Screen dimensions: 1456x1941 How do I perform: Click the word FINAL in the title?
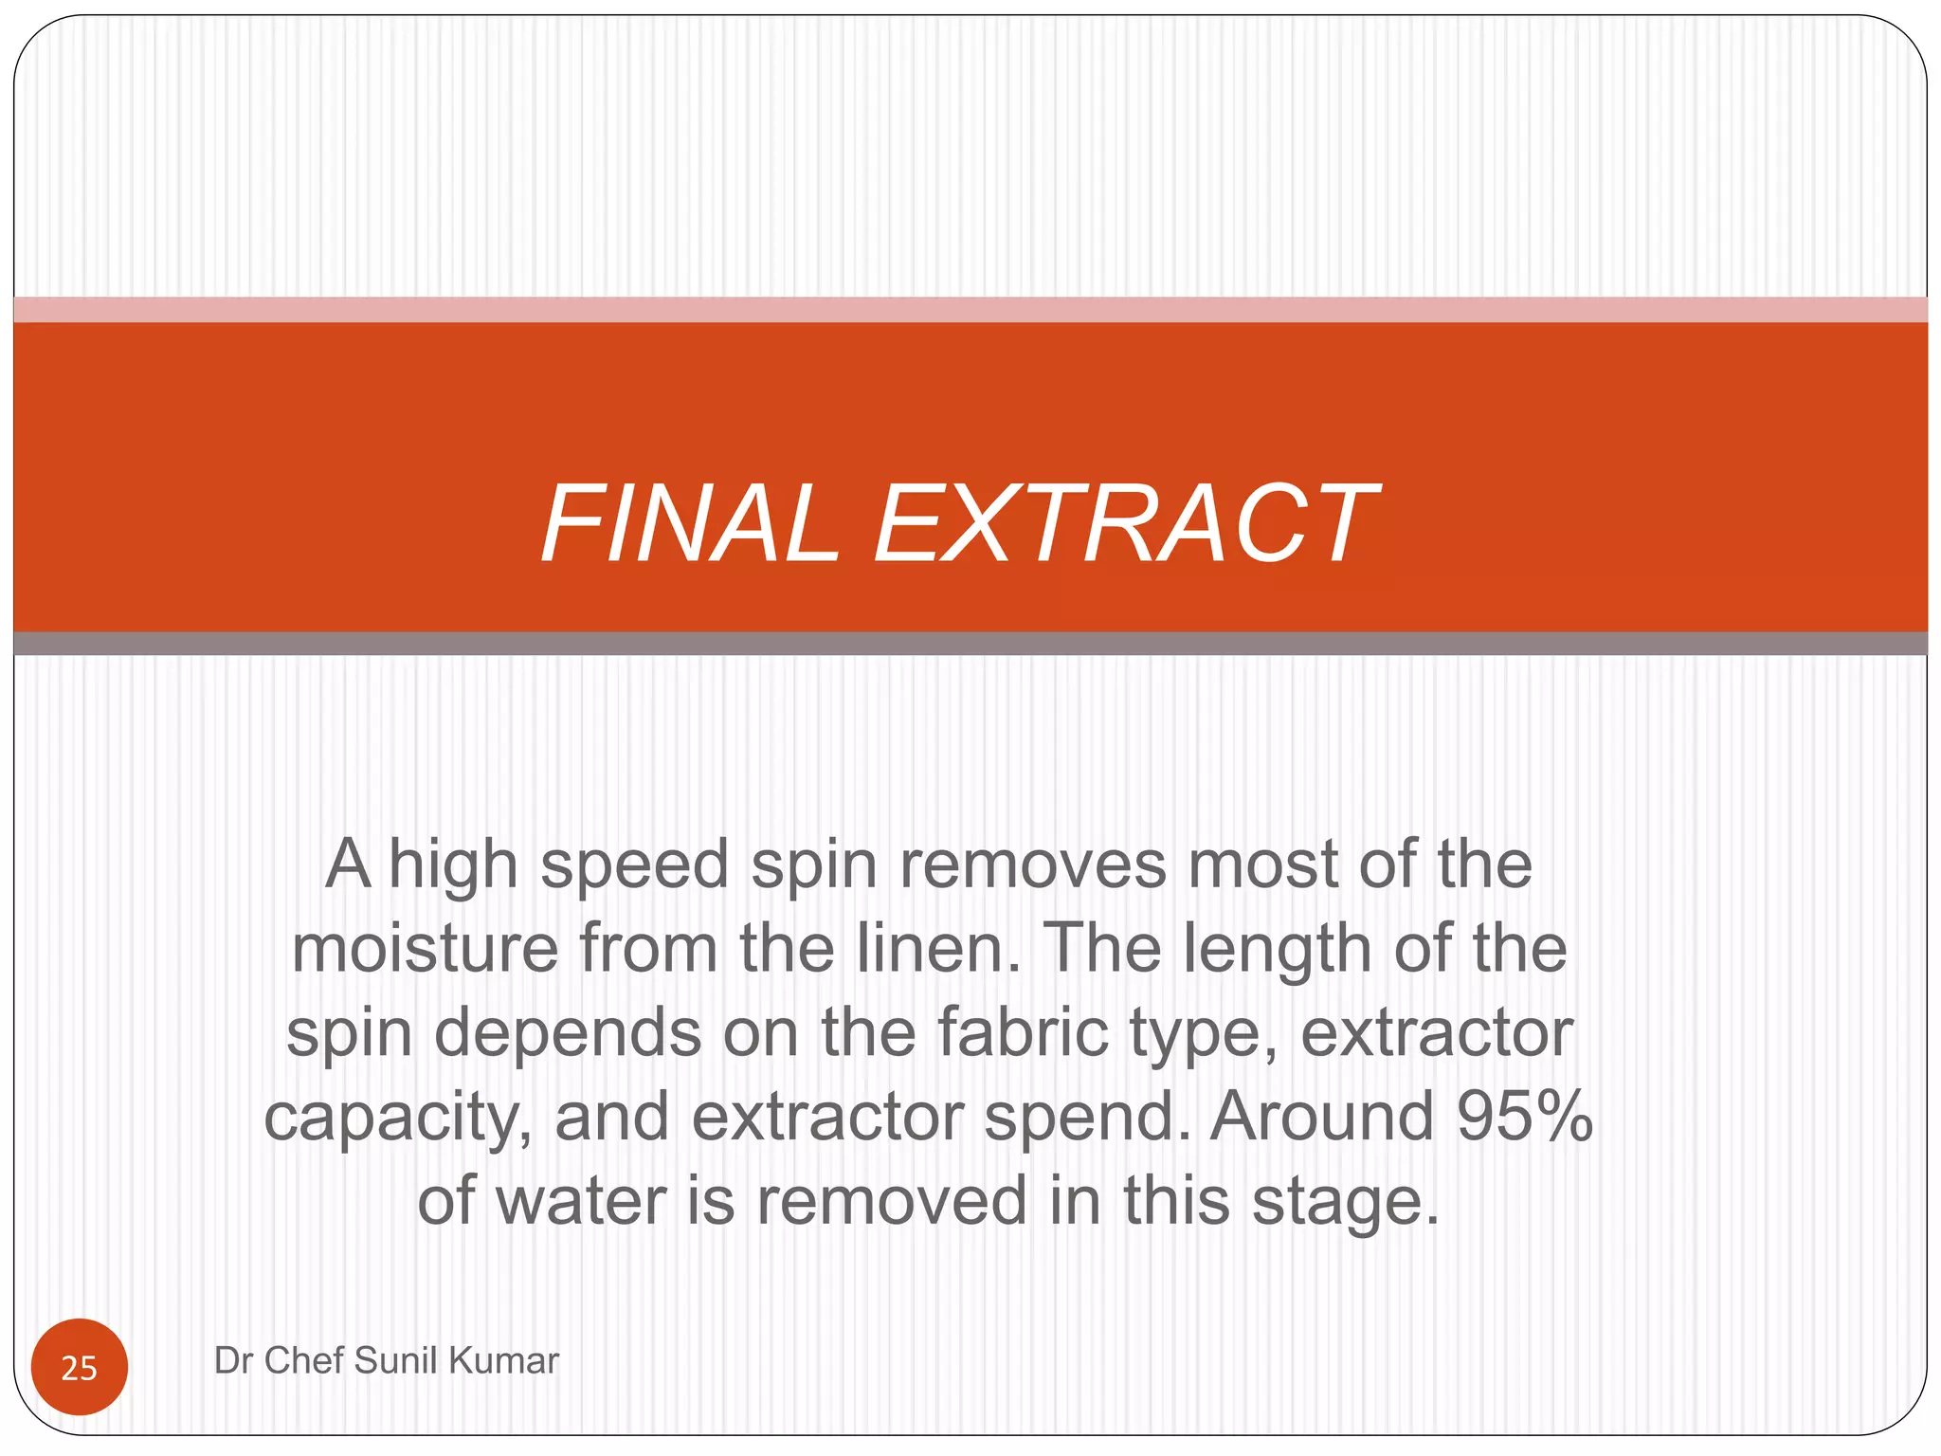click(x=690, y=523)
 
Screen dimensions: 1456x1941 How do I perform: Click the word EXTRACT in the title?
click(x=1125, y=523)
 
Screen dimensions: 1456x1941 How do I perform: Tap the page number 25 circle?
click(x=80, y=1367)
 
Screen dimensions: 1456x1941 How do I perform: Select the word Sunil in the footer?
click(x=396, y=1360)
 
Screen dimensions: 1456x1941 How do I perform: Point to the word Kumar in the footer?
click(x=503, y=1360)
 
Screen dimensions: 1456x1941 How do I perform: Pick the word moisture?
click(x=425, y=948)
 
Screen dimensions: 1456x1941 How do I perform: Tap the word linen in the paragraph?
click(x=938, y=948)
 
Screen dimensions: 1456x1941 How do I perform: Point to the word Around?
click(x=1321, y=1116)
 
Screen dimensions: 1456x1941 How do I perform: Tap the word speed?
click(x=634, y=864)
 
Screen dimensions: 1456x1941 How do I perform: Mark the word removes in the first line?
click(x=1032, y=864)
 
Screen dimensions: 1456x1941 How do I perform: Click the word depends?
click(x=568, y=1032)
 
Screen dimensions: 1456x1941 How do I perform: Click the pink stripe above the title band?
click(x=970, y=310)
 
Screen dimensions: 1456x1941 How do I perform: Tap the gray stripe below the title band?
click(x=970, y=644)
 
